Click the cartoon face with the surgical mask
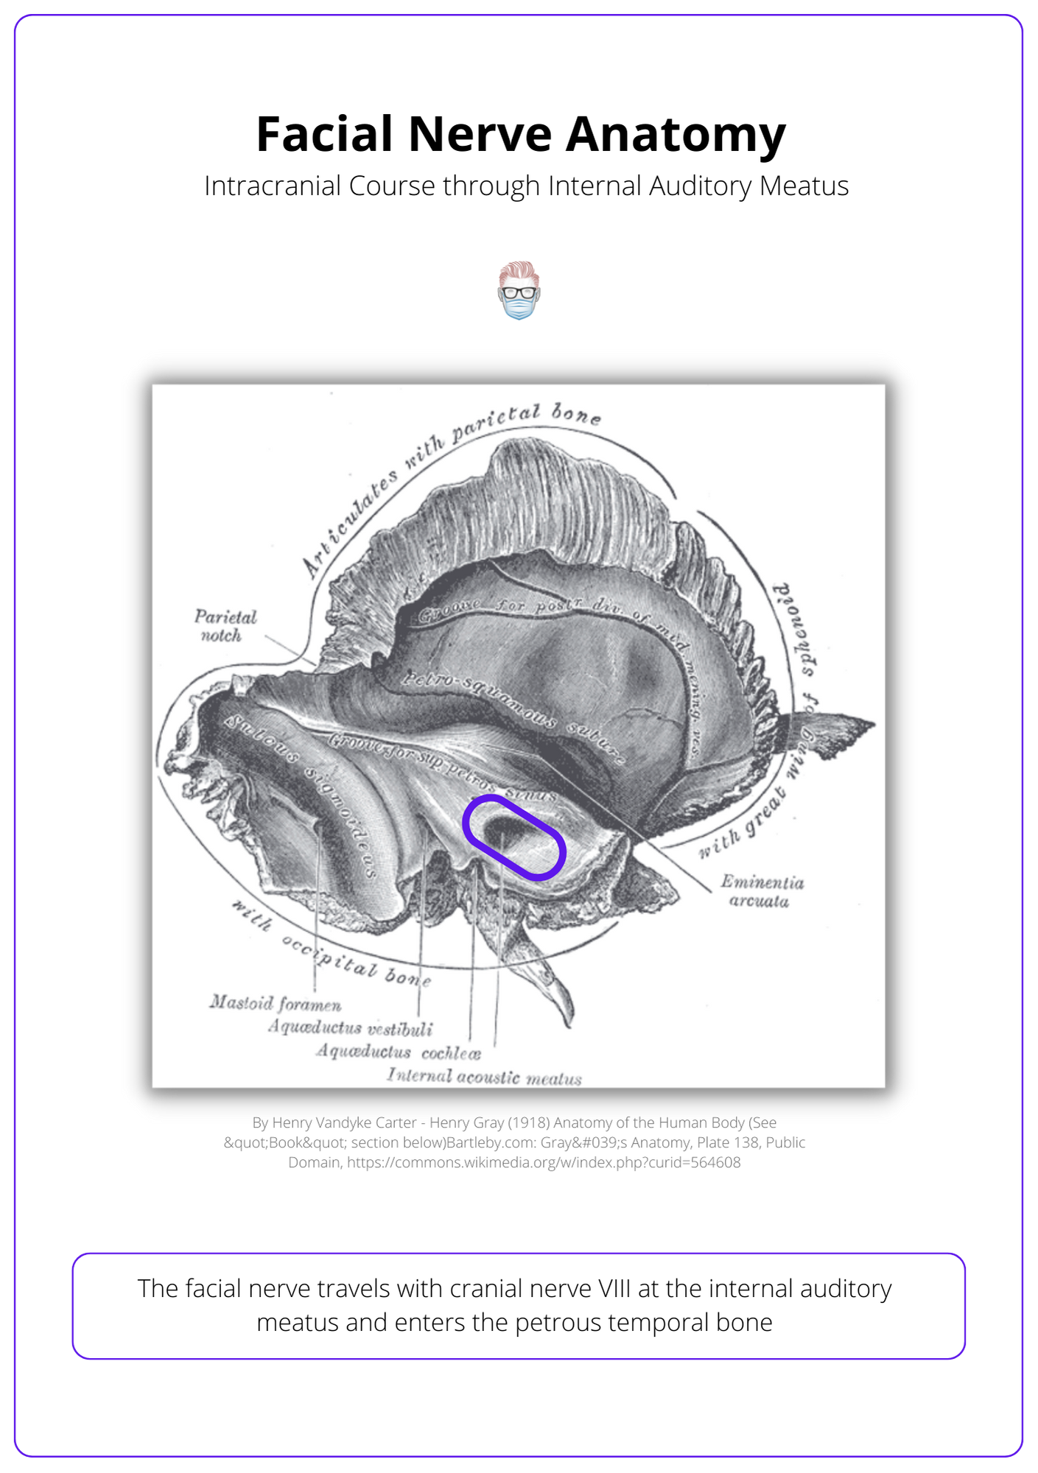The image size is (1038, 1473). pos(519,290)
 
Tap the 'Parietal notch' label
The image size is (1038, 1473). pos(225,625)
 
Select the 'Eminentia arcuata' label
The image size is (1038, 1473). pos(762,891)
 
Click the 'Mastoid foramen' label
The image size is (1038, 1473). pos(276,1003)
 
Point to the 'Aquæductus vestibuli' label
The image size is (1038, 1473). pos(350,1027)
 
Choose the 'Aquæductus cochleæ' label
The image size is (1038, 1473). pos(399,1052)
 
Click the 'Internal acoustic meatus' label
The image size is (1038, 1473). pos(484,1077)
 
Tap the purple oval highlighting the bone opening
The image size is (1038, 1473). pos(513,837)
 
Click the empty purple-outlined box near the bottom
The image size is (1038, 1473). pos(519,1306)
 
